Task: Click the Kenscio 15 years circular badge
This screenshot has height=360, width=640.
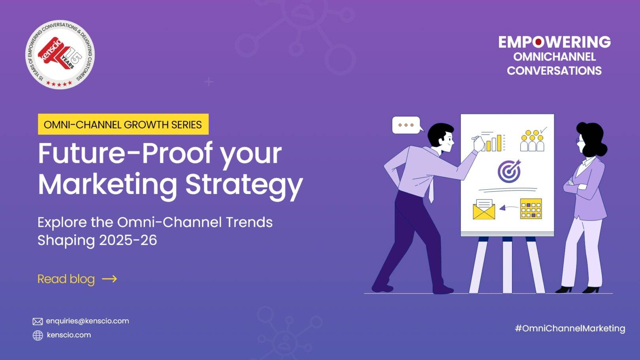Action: (x=60, y=55)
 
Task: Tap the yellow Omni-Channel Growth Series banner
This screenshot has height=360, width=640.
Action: (x=123, y=124)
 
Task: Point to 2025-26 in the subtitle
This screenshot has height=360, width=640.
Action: (x=128, y=240)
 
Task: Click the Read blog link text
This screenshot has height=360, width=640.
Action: (x=66, y=279)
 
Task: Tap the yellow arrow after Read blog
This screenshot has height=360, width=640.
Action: (x=109, y=279)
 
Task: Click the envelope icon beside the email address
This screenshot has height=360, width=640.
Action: (x=38, y=321)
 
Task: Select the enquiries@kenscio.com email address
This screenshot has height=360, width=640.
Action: (x=87, y=321)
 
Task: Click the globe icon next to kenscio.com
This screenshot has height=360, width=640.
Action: (x=38, y=335)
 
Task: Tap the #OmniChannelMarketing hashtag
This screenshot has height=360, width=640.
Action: (x=570, y=328)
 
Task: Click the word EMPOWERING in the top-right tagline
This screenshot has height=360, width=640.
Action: (x=555, y=42)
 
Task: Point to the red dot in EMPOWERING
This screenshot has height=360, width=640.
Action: (x=538, y=42)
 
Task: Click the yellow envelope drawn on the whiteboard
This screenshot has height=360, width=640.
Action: (x=484, y=209)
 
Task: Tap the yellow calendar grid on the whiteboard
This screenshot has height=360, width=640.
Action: (x=531, y=209)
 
